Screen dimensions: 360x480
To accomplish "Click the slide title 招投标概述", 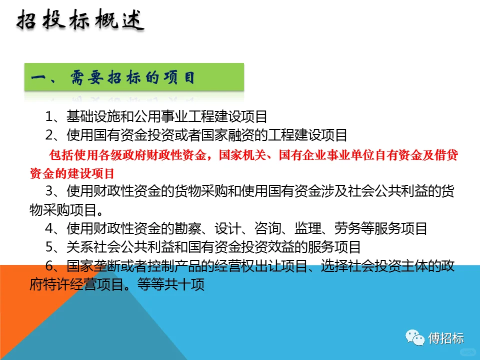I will [x=80, y=21].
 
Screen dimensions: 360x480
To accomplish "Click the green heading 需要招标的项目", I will [x=132, y=78].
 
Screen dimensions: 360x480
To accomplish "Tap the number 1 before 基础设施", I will [x=49, y=117].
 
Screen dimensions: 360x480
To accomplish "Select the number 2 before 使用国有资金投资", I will [x=49, y=135].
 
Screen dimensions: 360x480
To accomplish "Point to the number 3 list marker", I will [x=49, y=192].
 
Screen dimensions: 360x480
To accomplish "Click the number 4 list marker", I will [x=49, y=229].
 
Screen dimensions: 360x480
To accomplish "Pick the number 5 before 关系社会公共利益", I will [x=49, y=247].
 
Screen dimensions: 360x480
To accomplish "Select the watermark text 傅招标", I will [x=446, y=338].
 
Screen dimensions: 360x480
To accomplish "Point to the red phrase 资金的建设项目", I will [x=72, y=173].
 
